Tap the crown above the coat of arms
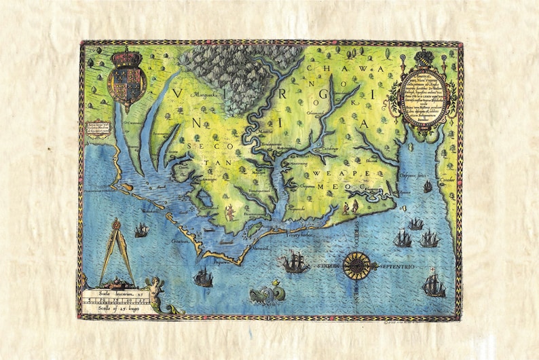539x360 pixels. coord(127,57)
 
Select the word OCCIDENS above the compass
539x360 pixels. coord(354,232)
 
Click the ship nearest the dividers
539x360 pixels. coord(141,231)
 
